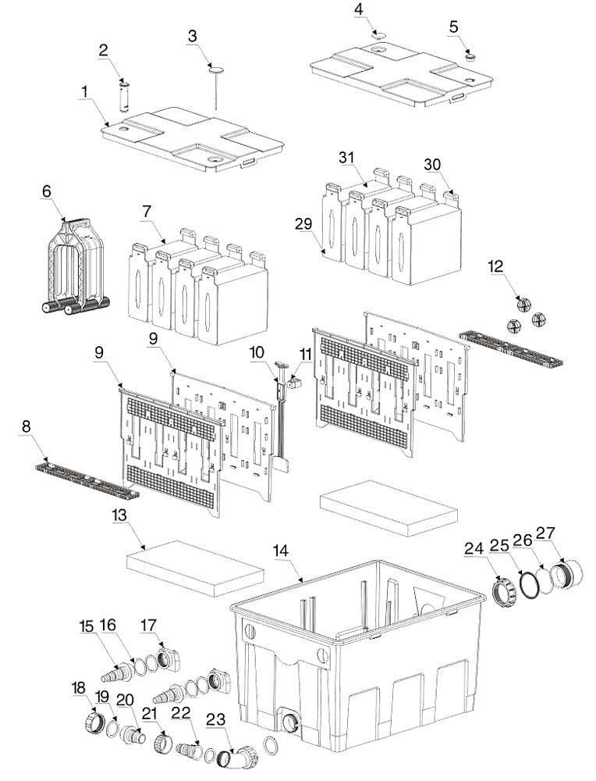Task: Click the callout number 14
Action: tap(281, 551)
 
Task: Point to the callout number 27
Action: tap(545, 534)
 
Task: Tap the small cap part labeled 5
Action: tap(470, 55)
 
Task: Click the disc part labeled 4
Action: tap(378, 35)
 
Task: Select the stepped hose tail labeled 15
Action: tap(115, 672)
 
